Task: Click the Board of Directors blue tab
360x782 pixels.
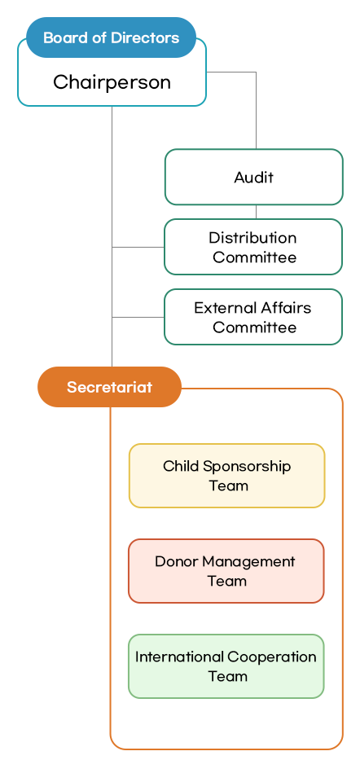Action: click(111, 38)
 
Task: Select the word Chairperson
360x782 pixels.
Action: click(112, 82)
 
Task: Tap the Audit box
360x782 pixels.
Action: click(253, 177)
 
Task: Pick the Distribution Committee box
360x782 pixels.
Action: click(253, 247)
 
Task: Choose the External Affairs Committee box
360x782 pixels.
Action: click(253, 317)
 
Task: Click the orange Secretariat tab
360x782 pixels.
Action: click(109, 387)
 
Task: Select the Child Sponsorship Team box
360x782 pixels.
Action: click(227, 476)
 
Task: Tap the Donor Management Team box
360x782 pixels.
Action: click(226, 571)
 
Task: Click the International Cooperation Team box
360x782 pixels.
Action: click(226, 666)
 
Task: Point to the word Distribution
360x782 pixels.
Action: click(252, 238)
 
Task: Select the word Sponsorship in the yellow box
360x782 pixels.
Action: click(247, 467)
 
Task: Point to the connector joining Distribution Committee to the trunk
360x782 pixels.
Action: click(138, 247)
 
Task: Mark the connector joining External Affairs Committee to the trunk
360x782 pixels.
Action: click(138, 317)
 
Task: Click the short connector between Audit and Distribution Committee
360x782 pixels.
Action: click(256, 212)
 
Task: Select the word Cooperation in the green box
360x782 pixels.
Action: click(272, 657)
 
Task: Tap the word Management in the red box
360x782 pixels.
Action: click(248, 561)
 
